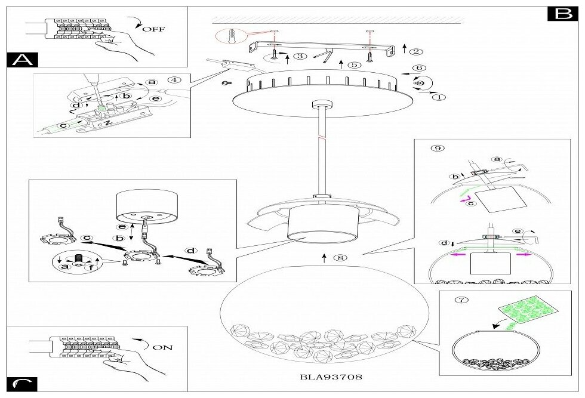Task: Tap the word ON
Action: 162,347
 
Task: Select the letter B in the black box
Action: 562,14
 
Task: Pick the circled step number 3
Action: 300,57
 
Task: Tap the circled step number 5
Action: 354,64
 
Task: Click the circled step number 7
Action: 458,300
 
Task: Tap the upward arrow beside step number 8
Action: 323,257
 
